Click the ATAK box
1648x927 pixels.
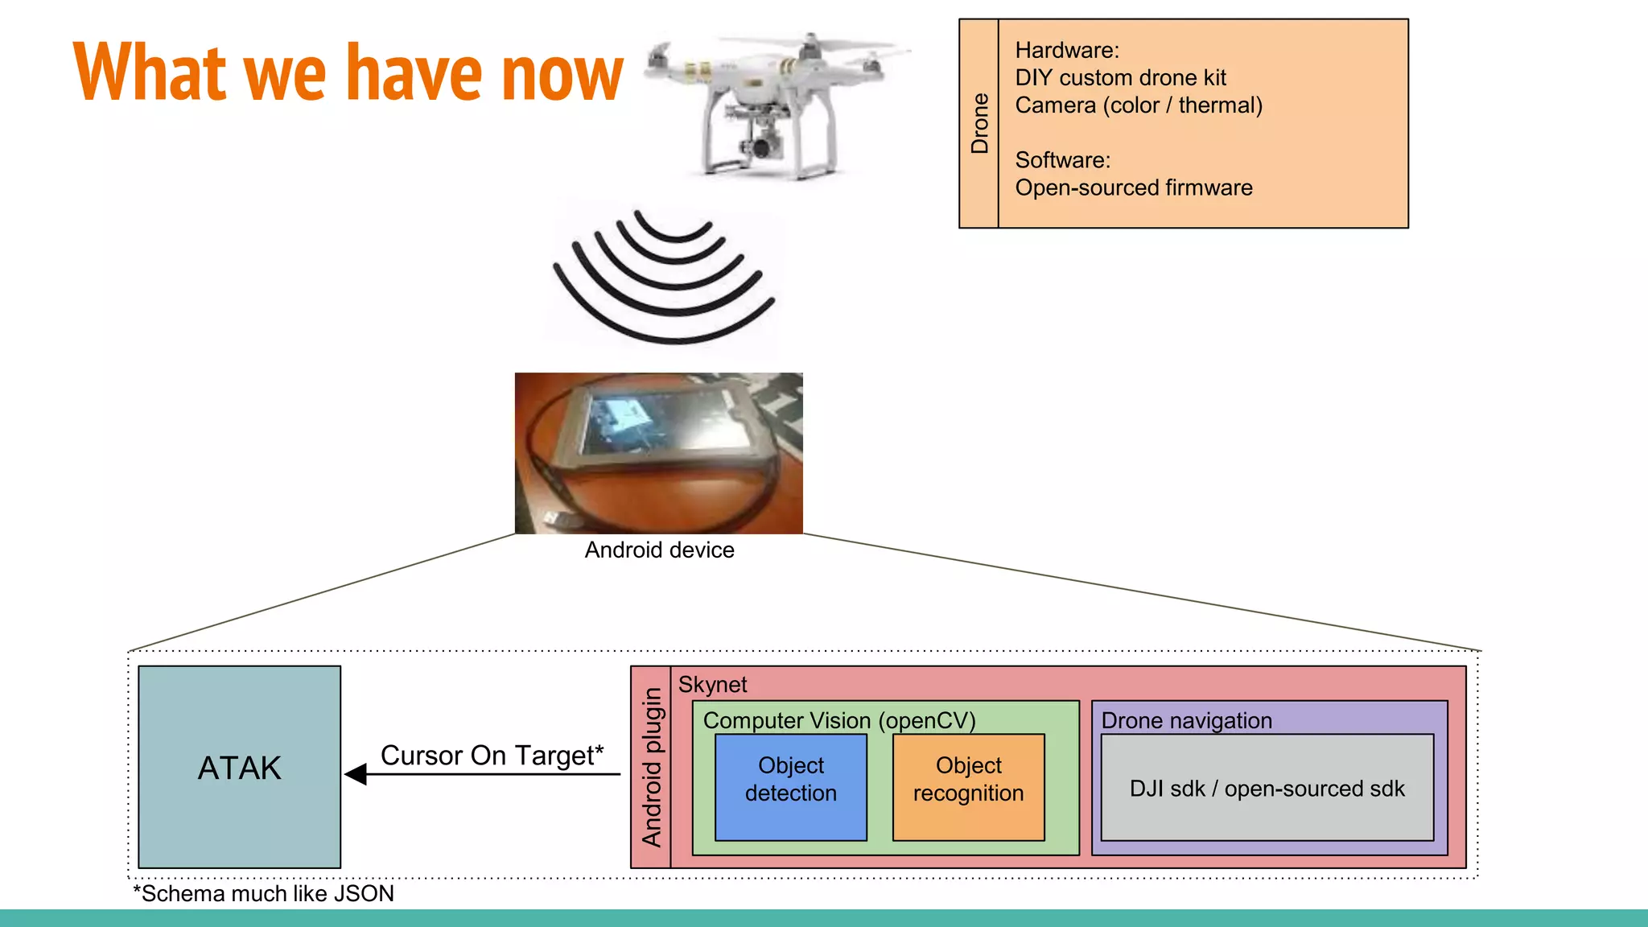[239, 767]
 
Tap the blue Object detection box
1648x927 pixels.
[790, 786]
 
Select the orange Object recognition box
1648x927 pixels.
[968, 786]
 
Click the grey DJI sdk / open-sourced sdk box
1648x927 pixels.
[1267, 788]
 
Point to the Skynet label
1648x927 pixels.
[712, 685]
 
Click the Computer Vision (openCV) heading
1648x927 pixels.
[838, 720]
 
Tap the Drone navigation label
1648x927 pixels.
[1186, 720]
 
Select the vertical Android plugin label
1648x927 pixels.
[651, 767]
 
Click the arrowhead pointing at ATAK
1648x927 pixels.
[356, 774]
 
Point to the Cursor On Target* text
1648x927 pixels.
[492, 755]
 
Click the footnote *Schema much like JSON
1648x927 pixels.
[263, 893]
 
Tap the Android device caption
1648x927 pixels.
[659, 550]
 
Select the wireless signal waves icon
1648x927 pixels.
[664, 278]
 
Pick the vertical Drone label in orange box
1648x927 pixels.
[979, 123]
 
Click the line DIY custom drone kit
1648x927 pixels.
[1120, 78]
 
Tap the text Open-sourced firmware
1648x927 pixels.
[1133, 187]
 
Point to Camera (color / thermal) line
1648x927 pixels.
[1138, 105]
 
